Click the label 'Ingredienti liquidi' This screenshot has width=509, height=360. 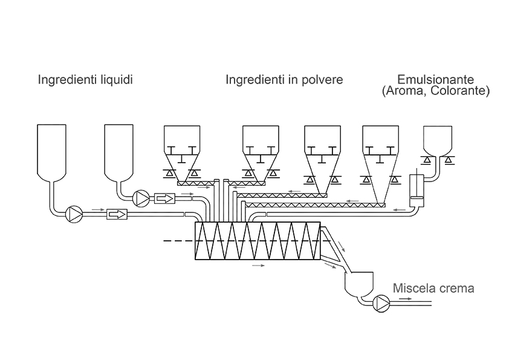[x=85, y=80]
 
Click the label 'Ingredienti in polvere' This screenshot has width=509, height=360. [x=284, y=80]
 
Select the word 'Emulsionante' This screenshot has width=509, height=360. [x=435, y=80]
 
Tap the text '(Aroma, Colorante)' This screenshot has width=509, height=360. [x=435, y=91]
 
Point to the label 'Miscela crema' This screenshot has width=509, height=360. [x=433, y=289]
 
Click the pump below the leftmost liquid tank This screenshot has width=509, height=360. [x=74, y=214]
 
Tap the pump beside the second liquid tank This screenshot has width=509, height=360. [x=141, y=198]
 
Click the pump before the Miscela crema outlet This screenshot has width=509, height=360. [x=381, y=302]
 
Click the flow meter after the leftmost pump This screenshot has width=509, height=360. [x=117, y=214]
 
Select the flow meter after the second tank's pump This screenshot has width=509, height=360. [x=164, y=198]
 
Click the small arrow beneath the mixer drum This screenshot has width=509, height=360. [x=258, y=266]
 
